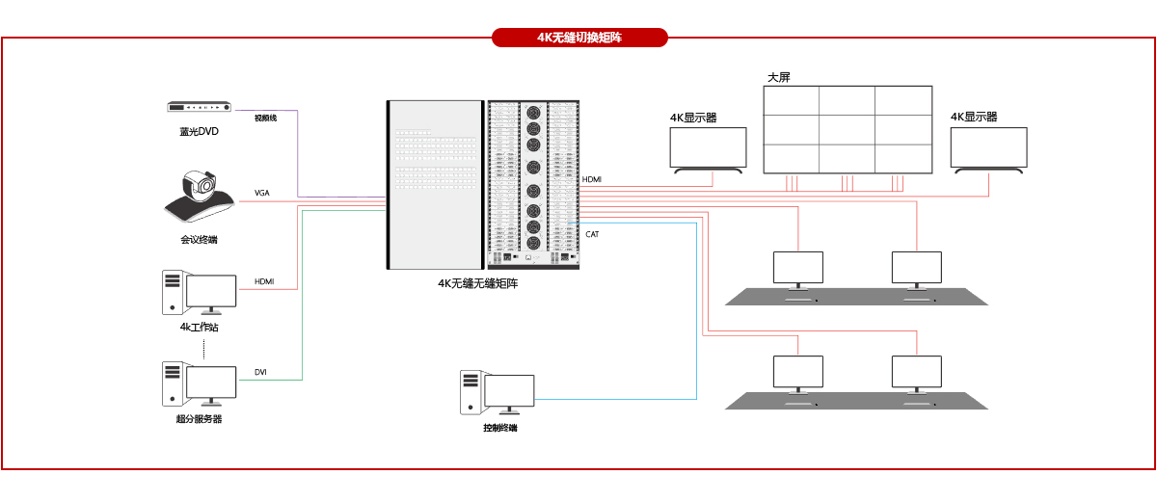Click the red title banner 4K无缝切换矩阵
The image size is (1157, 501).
click(579, 38)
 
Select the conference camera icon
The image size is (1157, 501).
click(200, 197)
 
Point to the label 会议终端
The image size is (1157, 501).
click(199, 240)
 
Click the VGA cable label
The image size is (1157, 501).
click(262, 194)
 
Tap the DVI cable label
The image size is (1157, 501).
click(260, 372)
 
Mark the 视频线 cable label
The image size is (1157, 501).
click(265, 119)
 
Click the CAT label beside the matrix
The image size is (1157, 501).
click(593, 234)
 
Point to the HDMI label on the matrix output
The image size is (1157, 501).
click(592, 180)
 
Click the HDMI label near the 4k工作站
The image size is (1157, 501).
click(264, 281)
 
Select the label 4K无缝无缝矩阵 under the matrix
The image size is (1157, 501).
click(477, 284)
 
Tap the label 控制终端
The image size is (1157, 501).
click(500, 428)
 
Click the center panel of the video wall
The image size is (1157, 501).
click(848, 129)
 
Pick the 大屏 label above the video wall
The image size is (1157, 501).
click(779, 77)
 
